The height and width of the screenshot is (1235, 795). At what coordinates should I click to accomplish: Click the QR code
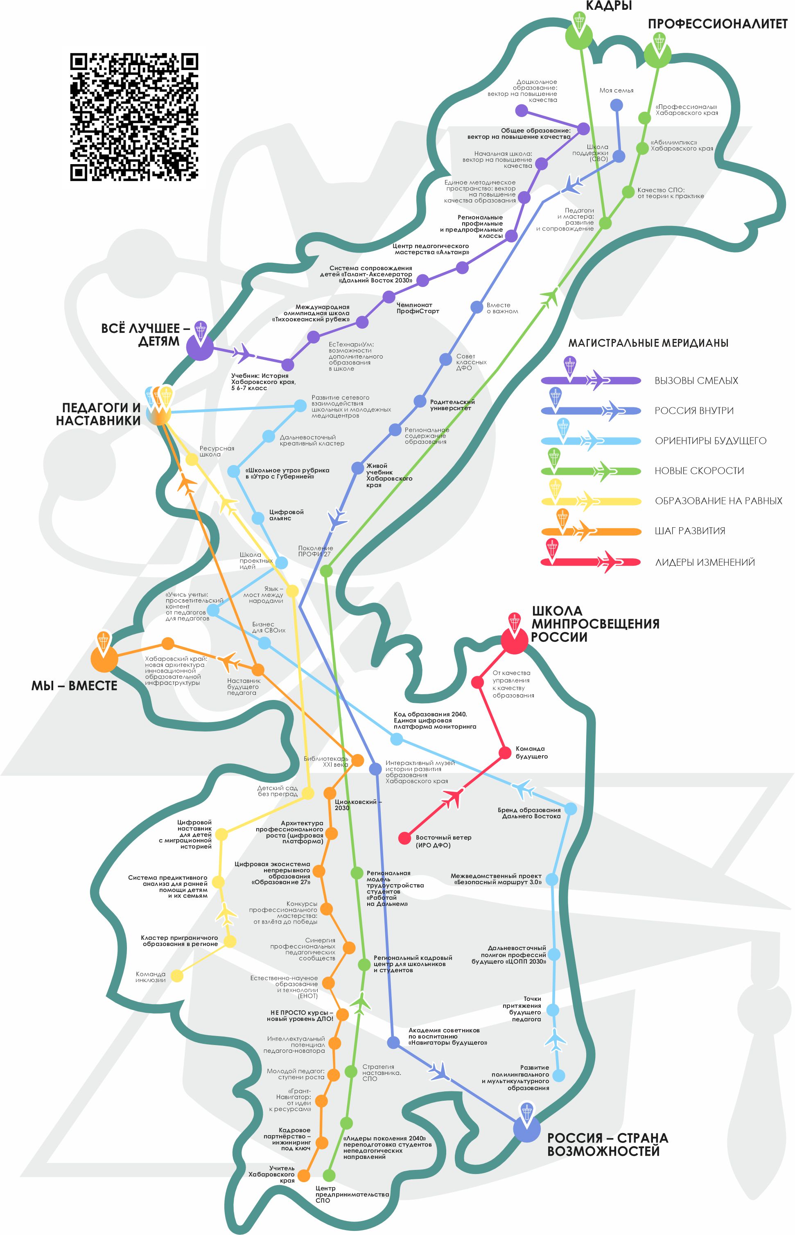[134, 117]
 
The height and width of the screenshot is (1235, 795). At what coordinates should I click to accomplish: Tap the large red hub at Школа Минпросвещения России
[514, 640]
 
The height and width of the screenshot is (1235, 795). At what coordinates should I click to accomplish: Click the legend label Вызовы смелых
[696, 381]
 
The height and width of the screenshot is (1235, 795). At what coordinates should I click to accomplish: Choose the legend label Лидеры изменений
[705, 562]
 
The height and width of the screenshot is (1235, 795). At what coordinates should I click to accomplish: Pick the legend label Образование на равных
[718, 501]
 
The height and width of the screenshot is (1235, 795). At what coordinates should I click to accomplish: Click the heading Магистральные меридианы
[648, 343]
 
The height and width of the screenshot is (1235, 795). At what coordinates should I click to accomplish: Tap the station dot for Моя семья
[617, 105]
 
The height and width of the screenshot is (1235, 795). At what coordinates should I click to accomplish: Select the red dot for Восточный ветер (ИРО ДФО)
[405, 838]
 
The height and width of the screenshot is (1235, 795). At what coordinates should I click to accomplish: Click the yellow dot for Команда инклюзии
[177, 975]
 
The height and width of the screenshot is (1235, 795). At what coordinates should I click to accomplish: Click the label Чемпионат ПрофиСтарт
[418, 308]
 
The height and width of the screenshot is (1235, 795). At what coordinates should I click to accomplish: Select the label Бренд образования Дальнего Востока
[529, 813]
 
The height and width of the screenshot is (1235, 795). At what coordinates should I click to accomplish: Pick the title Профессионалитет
[718, 24]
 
